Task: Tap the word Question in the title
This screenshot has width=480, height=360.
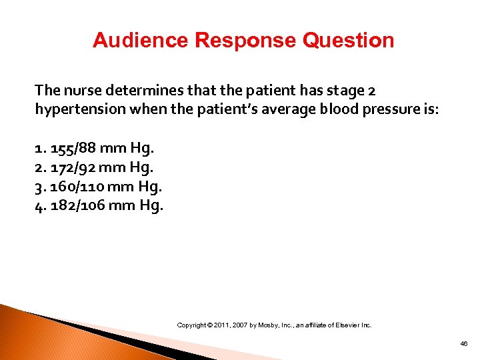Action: pos(349,41)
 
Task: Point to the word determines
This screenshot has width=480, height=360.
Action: pos(134,91)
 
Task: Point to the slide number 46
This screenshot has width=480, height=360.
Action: pos(464,343)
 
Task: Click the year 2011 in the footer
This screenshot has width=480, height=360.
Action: pos(223,325)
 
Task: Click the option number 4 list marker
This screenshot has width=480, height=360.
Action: pos(39,205)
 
